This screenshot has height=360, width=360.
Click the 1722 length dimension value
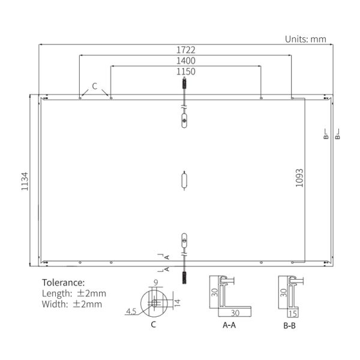click(x=186, y=50)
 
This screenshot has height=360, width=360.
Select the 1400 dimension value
click(x=186, y=61)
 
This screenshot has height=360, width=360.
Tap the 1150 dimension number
click(x=186, y=71)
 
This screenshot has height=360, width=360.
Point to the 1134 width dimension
click(x=25, y=181)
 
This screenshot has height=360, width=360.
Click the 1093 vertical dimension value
click(x=299, y=178)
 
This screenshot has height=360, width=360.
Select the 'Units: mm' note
click(x=305, y=39)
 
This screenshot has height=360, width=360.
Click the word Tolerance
click(x=64, y=283)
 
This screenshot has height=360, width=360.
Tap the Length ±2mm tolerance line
click(x=74, y=293)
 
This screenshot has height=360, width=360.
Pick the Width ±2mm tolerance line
click(x=72, y=304)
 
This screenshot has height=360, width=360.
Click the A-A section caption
click(x=229, y=325)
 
